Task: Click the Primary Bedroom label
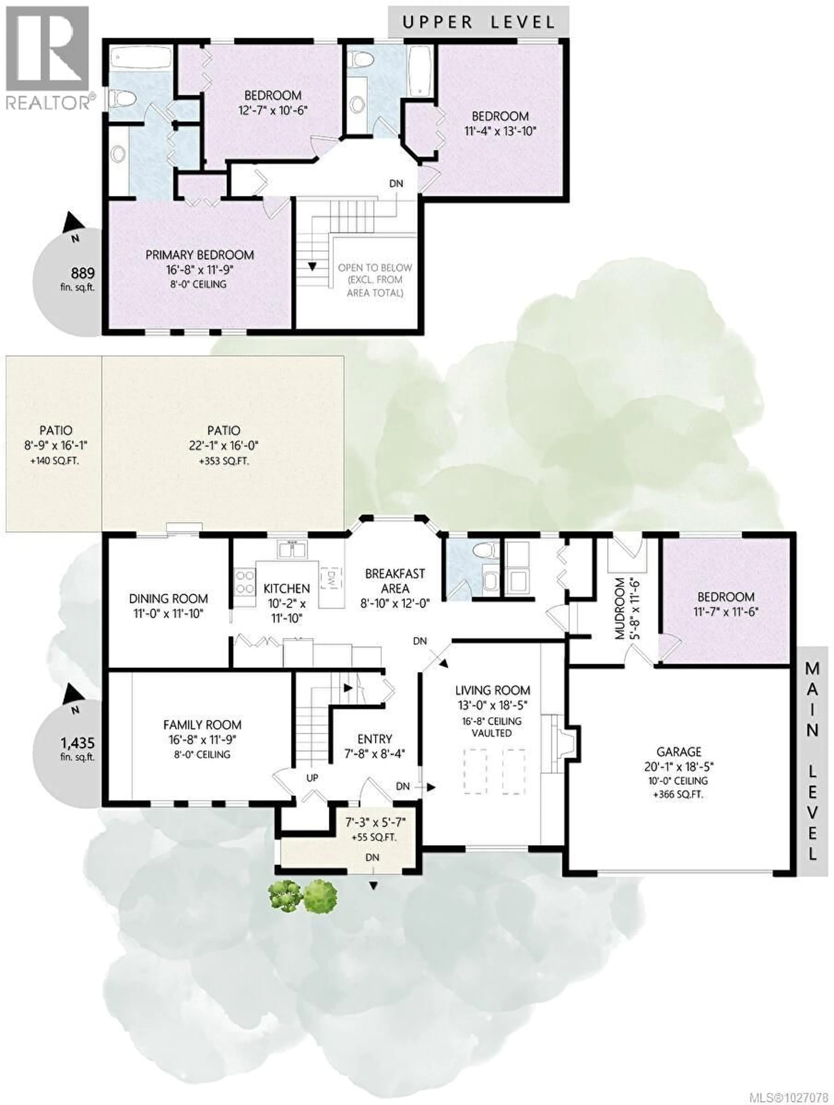pos(200,255)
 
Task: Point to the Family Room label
pos(202,725)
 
